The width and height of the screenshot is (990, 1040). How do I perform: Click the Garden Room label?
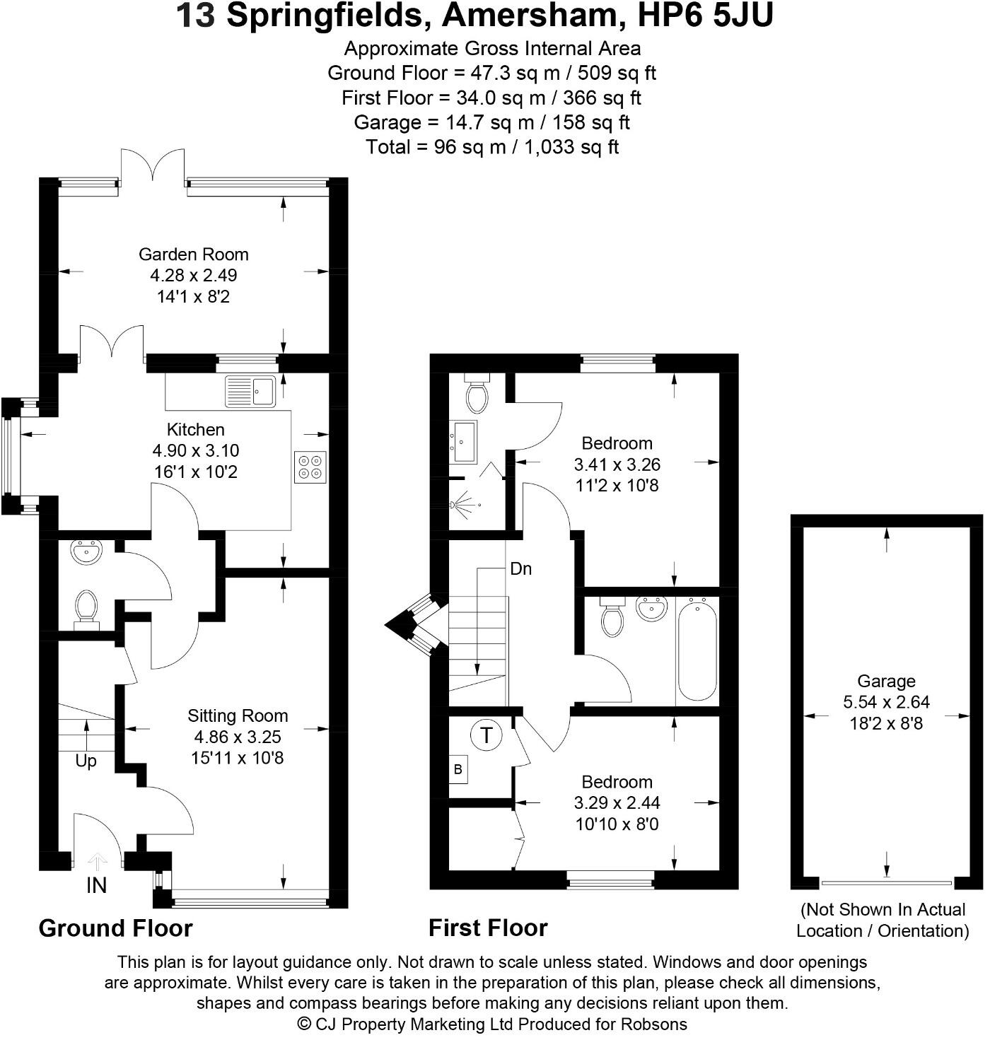(193, 255)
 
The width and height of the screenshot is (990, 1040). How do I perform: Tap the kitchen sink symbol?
(250, 391)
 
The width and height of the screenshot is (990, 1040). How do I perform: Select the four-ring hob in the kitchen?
(310, 467)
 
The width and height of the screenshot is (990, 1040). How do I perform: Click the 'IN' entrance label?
(96, 885)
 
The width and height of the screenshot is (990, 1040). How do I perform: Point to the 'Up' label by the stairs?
(86, 761)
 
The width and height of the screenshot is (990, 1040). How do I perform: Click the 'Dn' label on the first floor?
(520, 569)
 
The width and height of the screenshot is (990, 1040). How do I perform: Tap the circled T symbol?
(486, 735)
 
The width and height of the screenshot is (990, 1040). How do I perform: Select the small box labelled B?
(458, 769)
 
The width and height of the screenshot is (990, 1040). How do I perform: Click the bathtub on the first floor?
(697, 650)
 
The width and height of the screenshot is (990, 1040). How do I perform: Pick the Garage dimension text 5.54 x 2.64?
(886, 703)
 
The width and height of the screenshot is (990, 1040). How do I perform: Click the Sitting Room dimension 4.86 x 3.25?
(238, 737)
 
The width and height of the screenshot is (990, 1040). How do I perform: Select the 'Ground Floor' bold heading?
(115, 928)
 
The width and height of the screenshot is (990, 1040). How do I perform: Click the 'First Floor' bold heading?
(488, 928)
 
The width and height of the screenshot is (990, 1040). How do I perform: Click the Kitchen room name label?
(196, 430)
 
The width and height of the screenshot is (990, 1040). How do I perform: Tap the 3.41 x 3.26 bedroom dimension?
(617, 465)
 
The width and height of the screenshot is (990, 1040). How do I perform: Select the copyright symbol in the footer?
(305, 1024)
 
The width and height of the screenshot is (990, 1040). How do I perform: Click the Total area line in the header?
(492, 147)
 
